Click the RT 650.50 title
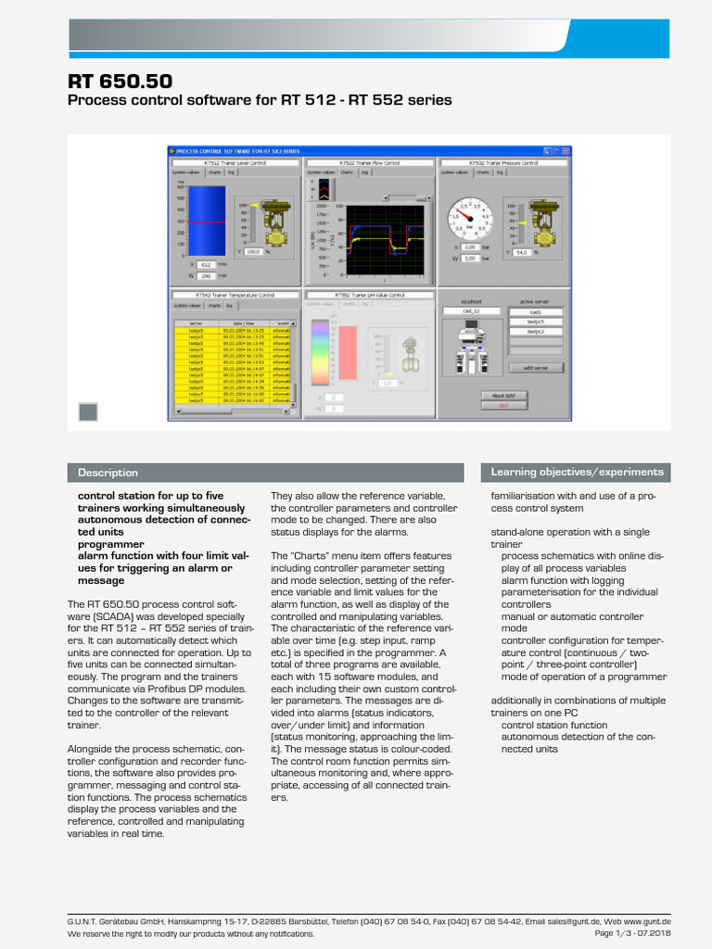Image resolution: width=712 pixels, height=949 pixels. pos(120,82)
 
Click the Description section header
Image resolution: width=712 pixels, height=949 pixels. pos(108,473)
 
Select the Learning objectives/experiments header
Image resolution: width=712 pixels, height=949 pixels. pos(577,472)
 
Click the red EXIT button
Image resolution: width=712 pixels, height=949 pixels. pos(503,405)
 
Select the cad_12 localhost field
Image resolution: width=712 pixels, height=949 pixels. pos(474,312)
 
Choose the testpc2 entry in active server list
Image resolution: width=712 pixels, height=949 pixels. pos(535,331)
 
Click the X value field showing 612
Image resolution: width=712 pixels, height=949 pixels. pos(206,264)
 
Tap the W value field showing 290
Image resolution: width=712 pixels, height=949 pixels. pos(206,275)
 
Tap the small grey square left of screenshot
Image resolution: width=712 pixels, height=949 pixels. pos(88,411)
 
